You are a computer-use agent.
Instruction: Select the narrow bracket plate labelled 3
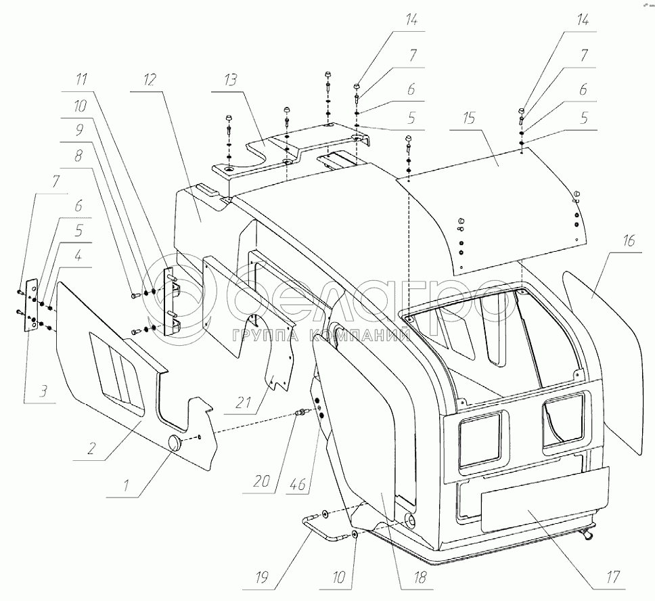click(30, 305)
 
